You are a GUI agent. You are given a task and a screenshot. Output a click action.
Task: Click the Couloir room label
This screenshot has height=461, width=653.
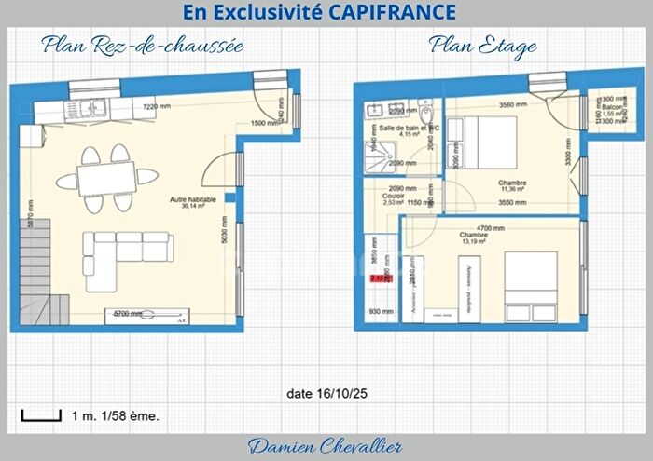pyautogui.click(x=393, y=197)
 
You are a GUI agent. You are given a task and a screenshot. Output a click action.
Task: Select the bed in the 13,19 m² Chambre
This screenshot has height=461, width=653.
pyautogui.click(x=533, y=284)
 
